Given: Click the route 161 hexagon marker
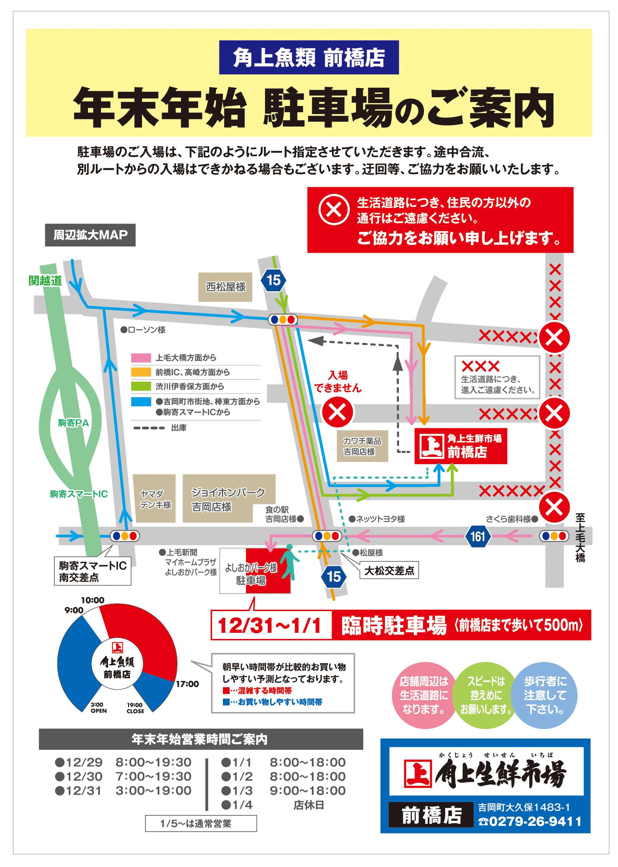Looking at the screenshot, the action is [478, 536].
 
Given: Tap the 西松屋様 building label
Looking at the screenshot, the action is [225, 287].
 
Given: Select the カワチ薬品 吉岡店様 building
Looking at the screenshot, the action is [362, 446].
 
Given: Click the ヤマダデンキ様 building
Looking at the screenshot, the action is [154, 499].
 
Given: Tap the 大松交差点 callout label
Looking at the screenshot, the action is [389, 570].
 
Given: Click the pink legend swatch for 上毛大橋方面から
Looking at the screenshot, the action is [141, 358].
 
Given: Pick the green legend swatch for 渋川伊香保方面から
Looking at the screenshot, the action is [141, 386].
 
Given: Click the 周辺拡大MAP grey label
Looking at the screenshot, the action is [90, 235].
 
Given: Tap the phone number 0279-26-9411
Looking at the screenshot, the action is [535, 821].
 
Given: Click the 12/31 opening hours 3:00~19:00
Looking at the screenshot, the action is [153, 791].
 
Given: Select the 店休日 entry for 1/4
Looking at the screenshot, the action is [308, 805].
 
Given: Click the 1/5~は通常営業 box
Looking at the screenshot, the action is [200, 823].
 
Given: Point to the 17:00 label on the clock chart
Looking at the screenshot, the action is [187, 684].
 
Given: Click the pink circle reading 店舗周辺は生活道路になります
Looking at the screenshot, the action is [424, 695].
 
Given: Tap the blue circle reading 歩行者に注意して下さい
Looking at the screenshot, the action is [545, 695].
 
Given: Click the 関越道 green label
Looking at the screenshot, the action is [45, 280].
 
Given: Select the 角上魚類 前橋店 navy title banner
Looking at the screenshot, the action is [308, 57].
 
